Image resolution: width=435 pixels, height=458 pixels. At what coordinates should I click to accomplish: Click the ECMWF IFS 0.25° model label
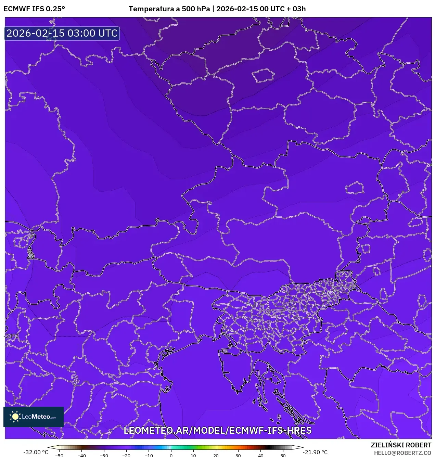coord(34,9)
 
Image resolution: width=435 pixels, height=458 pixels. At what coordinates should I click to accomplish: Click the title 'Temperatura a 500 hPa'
coord(169,9)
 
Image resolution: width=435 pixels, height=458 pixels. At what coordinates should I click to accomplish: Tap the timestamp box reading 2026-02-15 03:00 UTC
coord(62,34)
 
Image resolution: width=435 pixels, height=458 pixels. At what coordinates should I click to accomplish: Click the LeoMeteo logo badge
coord(34,417)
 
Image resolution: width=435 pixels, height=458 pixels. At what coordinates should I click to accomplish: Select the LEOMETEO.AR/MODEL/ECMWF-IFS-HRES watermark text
coord(218,431)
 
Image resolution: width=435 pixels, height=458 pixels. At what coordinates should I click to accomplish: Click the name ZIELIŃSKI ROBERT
coord(401,445)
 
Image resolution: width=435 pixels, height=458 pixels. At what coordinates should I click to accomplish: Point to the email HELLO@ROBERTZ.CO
coord(402,453)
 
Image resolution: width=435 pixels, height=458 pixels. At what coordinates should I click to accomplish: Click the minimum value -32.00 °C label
coord(36,452)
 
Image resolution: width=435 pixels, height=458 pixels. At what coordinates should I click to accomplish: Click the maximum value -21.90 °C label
coord(315,452)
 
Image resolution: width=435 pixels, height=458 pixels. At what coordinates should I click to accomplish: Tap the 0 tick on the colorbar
coord(171,456)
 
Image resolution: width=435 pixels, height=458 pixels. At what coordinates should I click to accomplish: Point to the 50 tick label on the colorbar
coord(283,456)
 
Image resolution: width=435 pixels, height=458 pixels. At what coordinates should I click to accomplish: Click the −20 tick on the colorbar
coord(126,456)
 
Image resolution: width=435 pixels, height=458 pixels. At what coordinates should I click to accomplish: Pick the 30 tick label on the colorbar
coord(238,456)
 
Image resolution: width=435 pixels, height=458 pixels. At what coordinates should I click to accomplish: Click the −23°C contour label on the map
coord(11,336)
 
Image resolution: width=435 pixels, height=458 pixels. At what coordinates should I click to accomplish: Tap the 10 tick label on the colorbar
coord(193,456)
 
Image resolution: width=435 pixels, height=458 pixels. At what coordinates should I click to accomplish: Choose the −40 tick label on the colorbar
coord(81,456)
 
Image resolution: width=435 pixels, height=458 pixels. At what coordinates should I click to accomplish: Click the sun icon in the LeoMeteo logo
coord(15,417)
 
